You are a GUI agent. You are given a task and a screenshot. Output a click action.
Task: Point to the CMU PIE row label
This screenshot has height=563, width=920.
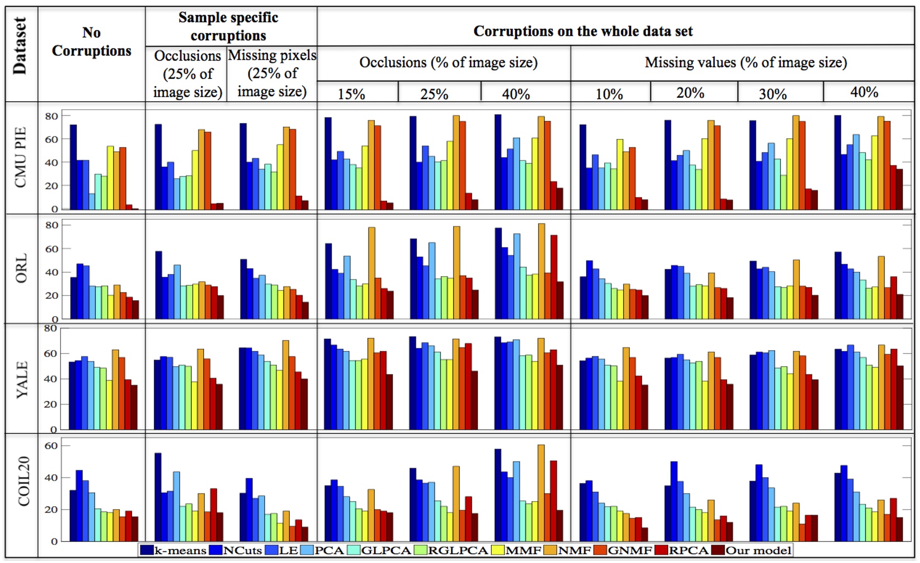pyautogui.click(x=21, y=157)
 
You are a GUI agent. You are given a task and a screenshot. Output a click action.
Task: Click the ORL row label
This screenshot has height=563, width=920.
pyautogui.click(x=21, y=268)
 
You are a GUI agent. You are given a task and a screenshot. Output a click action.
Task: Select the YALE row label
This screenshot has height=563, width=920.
pyautogui.click(x=21, y=379)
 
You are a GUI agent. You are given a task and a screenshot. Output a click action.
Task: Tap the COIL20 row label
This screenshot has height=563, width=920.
pyautogui.click(x=23, y=482)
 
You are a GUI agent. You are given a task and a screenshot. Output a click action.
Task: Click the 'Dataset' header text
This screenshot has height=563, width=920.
pyautogui.click(x=20, y=46)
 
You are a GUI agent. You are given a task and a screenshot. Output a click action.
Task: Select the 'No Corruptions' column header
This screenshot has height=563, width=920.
pyautogui.click(x=91, y=42)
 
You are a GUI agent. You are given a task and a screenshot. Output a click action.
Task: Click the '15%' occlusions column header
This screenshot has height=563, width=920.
pyautogui.click(x=351, y=94)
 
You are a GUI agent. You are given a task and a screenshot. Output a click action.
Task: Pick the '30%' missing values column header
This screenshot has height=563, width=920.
pyautogui.click(x=772, y=94)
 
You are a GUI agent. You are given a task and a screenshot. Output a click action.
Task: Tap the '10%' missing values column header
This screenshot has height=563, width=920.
pyautogui.click(x=609, y=94)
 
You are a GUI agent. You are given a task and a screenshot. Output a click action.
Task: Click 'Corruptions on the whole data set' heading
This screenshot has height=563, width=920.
pyautogui.click(x=583, y=31)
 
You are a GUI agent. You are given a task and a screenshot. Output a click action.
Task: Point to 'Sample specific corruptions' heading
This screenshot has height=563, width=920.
pyautogui.click(x=228, y=27)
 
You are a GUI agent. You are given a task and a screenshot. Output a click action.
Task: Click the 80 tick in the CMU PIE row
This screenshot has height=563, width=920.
pyautogui.click(x=51, y=116)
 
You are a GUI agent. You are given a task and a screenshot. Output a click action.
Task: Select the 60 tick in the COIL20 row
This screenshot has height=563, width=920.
pyautogui.click(x=51, y=446)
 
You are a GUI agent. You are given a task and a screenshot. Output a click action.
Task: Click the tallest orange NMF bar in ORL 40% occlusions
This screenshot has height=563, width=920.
pyautogui.click(x=542, y=272)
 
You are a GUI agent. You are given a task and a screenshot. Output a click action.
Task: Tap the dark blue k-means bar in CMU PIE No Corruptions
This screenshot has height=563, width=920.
pyautogui.click(x=73, y=167)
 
